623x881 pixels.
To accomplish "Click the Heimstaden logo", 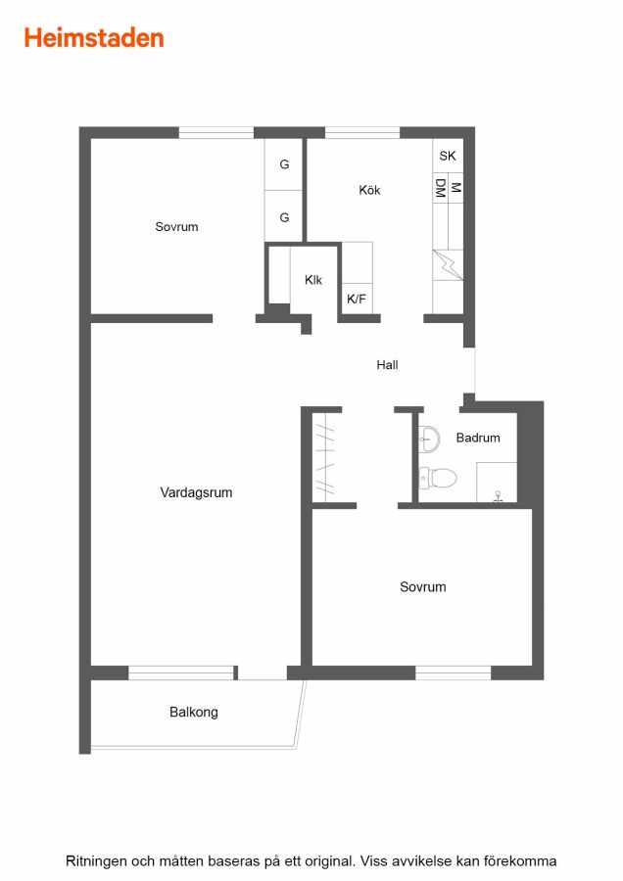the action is coord(94,38).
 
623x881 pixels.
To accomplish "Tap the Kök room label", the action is coord(369,190).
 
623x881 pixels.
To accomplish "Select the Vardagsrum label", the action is coord(196,492).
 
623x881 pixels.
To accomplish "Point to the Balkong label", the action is coord(193,712).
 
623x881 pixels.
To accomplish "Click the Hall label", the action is coord(387,365).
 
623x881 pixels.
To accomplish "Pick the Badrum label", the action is coord(478,438).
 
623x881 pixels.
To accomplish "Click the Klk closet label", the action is coord(313,280).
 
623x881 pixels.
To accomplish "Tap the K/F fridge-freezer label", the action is coord(356,299).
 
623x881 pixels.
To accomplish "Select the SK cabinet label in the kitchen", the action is coord(448,156).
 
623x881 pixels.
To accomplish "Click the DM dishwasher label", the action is coord(440,188).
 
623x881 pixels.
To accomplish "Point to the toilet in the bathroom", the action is coord(438,478).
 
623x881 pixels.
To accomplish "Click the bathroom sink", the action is coord(430,439).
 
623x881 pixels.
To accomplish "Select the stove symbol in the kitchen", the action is coord(448,264).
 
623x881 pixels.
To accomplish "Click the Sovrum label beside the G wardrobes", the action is coord(176,227).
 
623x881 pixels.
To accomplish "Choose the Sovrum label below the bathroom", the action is coord(423,587).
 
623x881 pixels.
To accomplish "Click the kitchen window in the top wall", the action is coord(362,132).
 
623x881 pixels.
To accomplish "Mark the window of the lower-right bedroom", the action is coord(454,672).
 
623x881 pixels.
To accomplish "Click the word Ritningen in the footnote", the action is coord(96,861).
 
